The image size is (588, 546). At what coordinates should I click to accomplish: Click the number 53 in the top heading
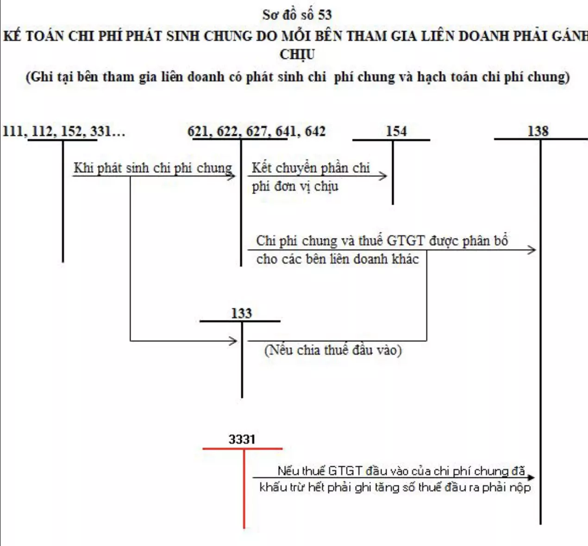click(x=325, y=15)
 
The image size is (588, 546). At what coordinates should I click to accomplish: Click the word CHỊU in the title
click(x=297, y=55)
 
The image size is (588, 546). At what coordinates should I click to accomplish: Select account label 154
click(x=396, y=131)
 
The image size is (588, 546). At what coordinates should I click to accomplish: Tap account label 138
click(x=538, y=131)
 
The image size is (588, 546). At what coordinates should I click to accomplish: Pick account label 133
click(x=241, y=314)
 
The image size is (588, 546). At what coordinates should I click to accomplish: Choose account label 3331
click(x=242, y=439)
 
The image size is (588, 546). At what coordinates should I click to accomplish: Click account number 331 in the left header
click(x=100, y=131)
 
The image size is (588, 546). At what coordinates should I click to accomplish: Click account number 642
click(x=315, y=131)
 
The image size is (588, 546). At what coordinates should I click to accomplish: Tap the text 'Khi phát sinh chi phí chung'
click(x=153, y=168)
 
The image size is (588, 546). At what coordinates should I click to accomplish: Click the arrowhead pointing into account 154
click(x=383, y=176)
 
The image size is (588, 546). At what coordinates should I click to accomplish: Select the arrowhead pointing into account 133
click(x=233, y=341)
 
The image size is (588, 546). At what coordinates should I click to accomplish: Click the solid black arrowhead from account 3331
click(x=531, y=477)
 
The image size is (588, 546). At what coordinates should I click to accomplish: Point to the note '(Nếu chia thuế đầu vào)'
click(x=333, y=351)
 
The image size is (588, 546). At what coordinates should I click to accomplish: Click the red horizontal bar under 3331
click(x=243, y=449)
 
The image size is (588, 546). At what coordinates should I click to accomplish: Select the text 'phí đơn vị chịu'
click(x=295, y=187)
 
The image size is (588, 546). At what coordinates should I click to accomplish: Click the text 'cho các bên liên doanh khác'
click(x=338, y=259)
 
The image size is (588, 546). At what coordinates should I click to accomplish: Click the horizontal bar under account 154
click(x=391, y=140)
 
